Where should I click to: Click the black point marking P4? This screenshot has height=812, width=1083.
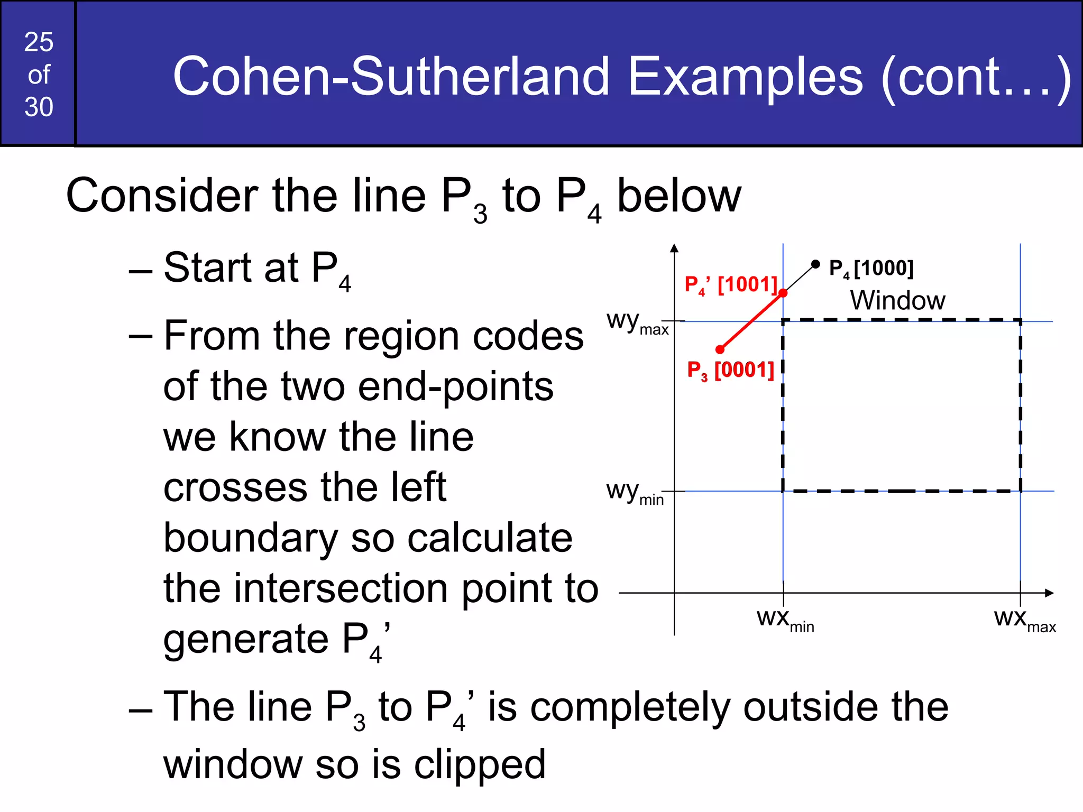click(x=815, y=264)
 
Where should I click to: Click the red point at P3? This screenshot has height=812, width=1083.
click(x=720, y=349)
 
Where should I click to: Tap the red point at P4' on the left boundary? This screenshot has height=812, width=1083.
click(x=783, y=293)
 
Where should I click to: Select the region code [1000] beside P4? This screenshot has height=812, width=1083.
click(x=884, y=268)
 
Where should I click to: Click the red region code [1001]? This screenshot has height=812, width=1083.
click(x=747, y=284)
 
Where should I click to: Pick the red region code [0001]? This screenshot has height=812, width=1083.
click(x=744, y=370)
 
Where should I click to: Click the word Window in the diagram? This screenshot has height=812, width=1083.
click(x=897, y=300)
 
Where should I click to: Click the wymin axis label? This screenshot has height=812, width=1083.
click(x=635, y=493)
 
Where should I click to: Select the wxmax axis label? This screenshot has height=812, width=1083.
click(x=1024, y=620)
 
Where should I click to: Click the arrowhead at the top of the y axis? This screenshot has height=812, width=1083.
click(x=674, y=248)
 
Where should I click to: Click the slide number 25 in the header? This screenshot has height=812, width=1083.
click(x=39, y=42)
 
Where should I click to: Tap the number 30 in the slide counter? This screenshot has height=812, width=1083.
click(x=39, y=107)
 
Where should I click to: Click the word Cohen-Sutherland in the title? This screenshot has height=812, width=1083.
click(x=391, y=77)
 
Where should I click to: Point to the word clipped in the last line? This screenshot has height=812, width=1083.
click(x=479, y=765)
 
